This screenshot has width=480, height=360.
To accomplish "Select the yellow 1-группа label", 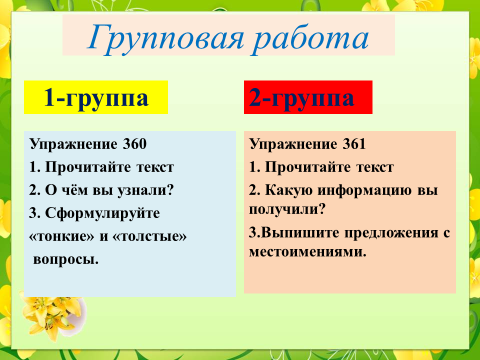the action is click(x=96, y=97).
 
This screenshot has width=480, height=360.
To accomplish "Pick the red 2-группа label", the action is click(x=308, y=97).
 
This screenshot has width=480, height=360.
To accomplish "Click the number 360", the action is click(x=135, y=144).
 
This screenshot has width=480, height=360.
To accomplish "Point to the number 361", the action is click(x=354, y=144).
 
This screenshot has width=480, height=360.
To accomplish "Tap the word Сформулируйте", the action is click(x=102, y=214).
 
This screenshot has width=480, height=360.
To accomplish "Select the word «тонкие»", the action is click(x=62, y=236).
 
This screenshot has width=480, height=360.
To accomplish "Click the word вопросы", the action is click(x=66, y=259).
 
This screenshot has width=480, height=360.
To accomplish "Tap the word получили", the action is click(x=287, y=210).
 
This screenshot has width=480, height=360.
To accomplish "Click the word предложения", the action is click(x=391, y=233).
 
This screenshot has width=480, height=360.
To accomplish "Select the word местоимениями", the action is click(x=308, y=252).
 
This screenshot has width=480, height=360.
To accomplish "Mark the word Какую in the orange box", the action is click(x=289, y=191).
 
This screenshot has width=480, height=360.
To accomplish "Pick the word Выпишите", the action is click(x=300, y=233).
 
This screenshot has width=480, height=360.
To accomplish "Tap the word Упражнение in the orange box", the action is click(x=293, y=145).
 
